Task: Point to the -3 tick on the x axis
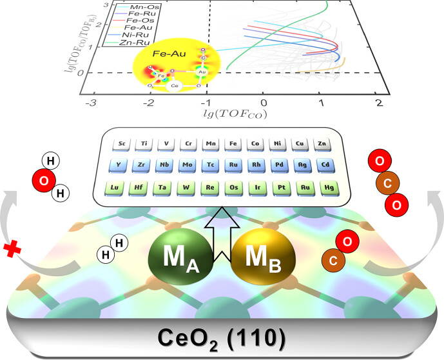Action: (x=94, y=103)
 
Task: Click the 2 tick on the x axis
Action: (x=378, y=103)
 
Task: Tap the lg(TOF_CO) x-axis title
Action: (x=235, y=116)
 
